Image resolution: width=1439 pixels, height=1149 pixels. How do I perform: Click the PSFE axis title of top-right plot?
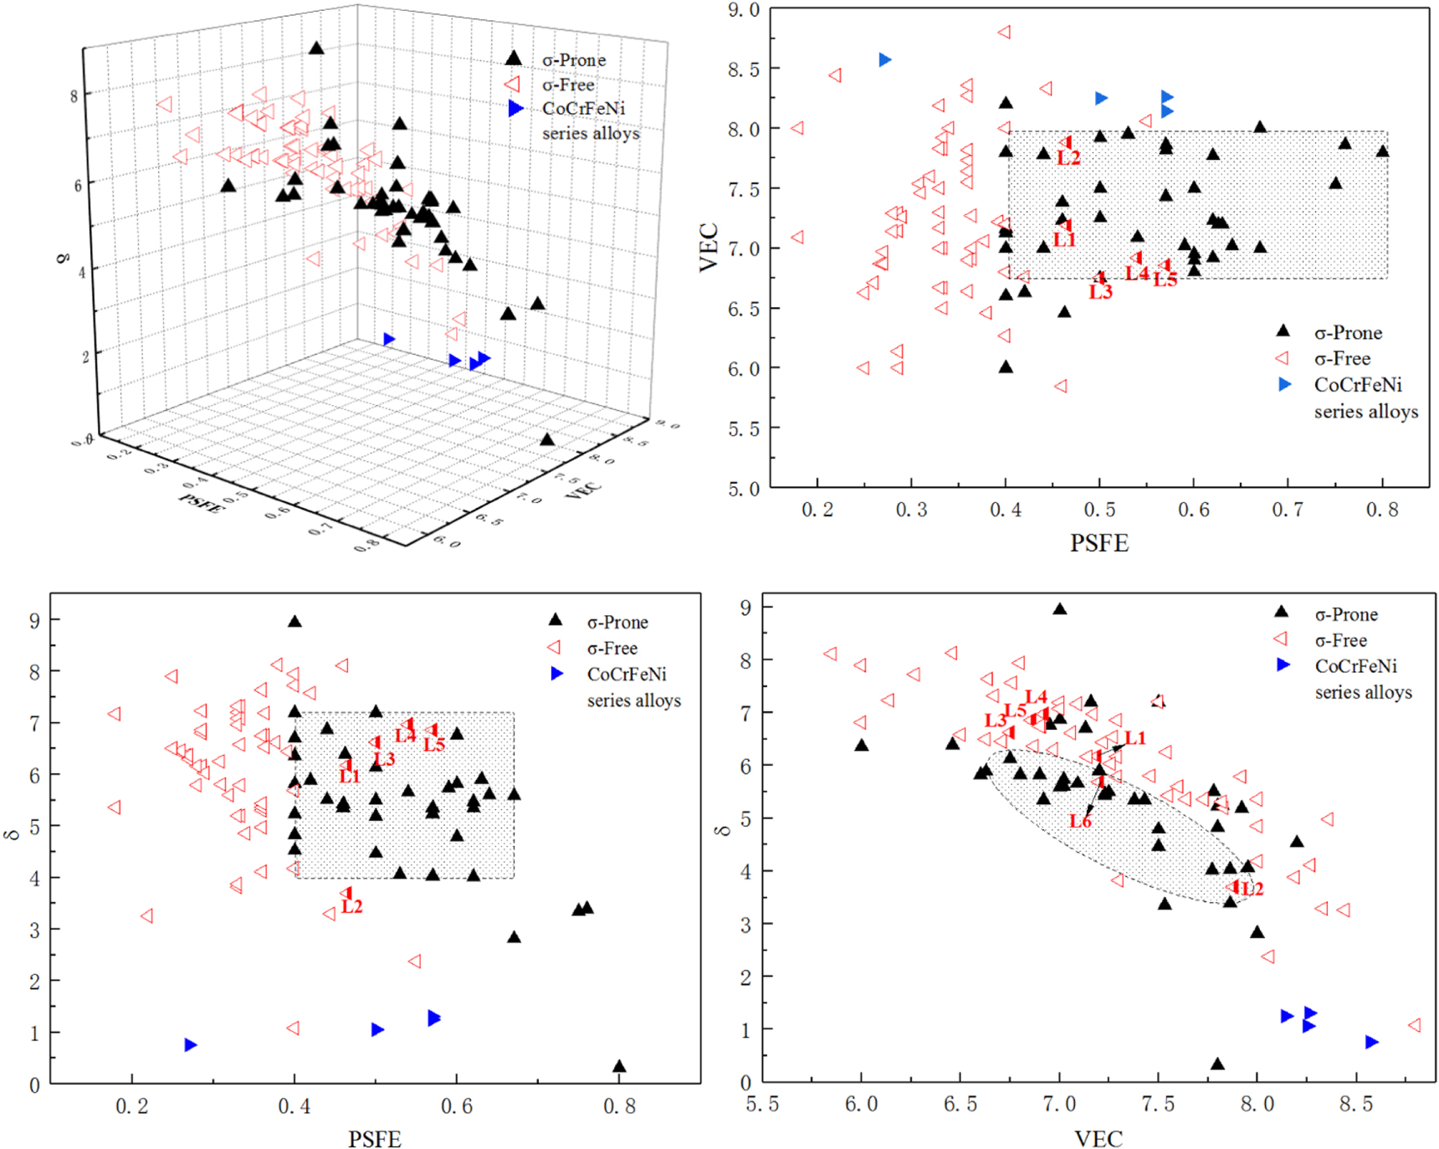[x=1099, y=543]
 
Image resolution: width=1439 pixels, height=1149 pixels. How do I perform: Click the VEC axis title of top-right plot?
[x=709, y=247]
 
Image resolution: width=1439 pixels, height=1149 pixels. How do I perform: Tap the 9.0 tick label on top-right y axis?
[x=743, y=10]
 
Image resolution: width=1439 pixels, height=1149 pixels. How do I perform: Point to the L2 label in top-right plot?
[x=1068, y=157]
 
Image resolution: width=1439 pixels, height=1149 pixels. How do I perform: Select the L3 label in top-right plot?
[x=1100, y=292]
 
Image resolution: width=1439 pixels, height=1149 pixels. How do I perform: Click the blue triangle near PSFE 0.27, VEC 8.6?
[x=885, y=59]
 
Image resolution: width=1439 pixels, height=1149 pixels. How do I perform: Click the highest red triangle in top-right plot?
[x=1005, y=33]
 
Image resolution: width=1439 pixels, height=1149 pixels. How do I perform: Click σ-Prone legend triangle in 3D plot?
[x=514, y=59]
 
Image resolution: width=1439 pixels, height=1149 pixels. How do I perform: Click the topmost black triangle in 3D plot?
[x=315, y=49]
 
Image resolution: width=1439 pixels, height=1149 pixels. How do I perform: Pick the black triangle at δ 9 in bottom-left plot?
[x=294, y=622]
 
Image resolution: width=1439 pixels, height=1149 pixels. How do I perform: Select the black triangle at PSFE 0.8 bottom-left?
[x=619, y=1066]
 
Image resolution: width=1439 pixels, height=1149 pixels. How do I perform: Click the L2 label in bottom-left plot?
[x=352, y=906]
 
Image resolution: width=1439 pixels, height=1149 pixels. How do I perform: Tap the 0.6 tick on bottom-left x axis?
[x=456, y=1106]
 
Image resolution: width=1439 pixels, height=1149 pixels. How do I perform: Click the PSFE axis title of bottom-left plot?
[x=374, y=1139]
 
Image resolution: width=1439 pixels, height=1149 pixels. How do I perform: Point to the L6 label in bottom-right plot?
[x=1079, y=821]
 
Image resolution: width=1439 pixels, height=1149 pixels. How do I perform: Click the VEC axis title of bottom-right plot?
[x=1098, y=1138]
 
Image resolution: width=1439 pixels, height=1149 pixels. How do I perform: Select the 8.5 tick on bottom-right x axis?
[x=1355, y=1105]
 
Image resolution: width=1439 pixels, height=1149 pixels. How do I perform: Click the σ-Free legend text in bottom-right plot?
[x=1340, y=640]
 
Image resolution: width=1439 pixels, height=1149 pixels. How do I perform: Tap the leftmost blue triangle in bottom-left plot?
[x=191, y=1044]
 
